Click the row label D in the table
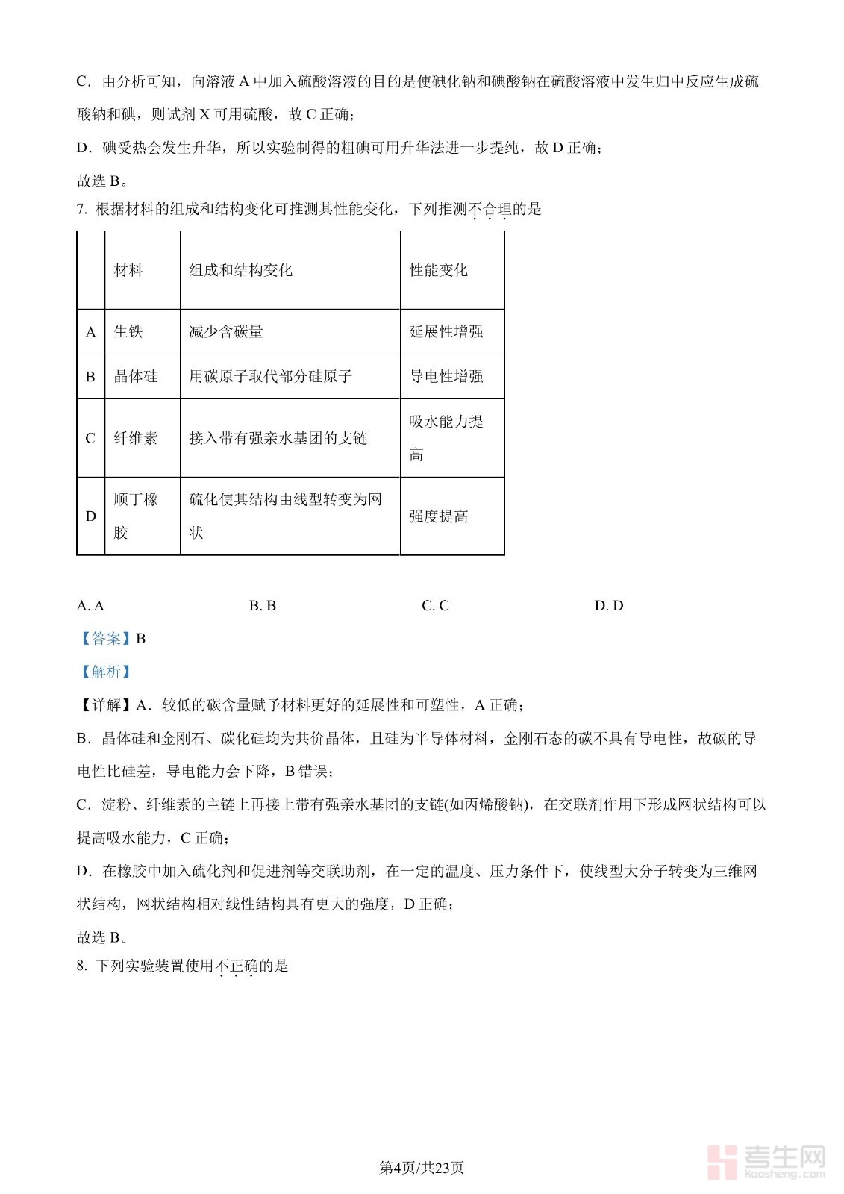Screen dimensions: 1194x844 pyautogui.click(x=90, y=516)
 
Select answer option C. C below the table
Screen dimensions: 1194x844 pyautogui.click(x=435, y=606)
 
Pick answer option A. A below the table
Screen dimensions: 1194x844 pyautogui.click(x=90, y=606)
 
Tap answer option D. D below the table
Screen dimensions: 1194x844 pyautogui.click(x=608, y=606)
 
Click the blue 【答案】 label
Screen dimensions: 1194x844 pyautogui.click(x=106, y=639)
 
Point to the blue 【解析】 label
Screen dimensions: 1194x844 pyautogui.click(x=106, y=672)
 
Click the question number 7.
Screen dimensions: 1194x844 pyautogui.click(x=81, y=210)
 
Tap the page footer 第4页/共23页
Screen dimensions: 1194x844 pyautogui.click(x=422, y=1168)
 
